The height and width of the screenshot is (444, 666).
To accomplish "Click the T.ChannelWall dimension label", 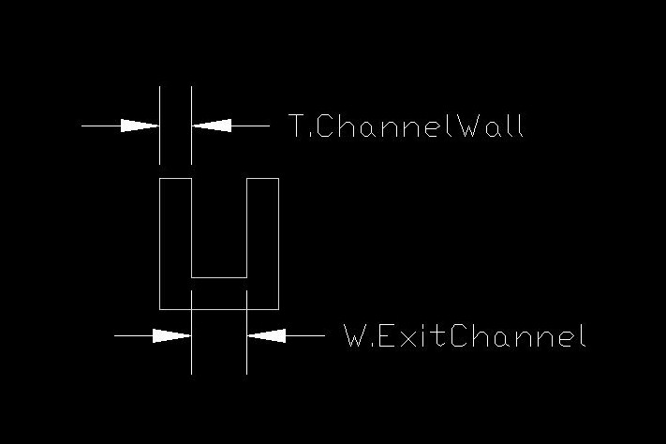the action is (406, 126).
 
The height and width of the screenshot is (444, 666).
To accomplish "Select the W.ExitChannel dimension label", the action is (465, 335).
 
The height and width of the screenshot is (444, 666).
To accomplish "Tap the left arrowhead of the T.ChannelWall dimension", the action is (140, 126).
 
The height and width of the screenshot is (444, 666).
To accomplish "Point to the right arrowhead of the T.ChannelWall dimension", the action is (212, 126).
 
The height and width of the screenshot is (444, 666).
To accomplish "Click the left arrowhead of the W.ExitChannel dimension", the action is (172, 335).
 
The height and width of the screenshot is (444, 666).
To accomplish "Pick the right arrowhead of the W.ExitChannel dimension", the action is (266, 335).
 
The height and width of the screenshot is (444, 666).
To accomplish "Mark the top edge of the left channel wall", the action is (175, 179).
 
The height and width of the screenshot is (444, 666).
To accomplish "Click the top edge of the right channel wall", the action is (263, 179).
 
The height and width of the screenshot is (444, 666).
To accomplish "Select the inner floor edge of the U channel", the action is (219, 277).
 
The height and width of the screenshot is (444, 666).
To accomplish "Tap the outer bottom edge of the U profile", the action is (219, 309).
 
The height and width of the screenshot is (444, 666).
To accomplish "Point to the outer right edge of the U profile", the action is (278, 244).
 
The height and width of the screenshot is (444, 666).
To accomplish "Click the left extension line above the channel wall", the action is (159, 126).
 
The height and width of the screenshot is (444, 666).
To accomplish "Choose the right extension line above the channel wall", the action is (192, 126).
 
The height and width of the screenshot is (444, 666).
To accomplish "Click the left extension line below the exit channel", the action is (192, 333).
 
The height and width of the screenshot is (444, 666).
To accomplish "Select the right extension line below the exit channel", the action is (246, 333).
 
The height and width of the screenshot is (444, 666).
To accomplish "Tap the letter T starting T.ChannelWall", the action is (297, 126).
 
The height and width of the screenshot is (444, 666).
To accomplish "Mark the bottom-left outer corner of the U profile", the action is (159, 309).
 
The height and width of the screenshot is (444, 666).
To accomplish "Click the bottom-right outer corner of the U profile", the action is (278, 309).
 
